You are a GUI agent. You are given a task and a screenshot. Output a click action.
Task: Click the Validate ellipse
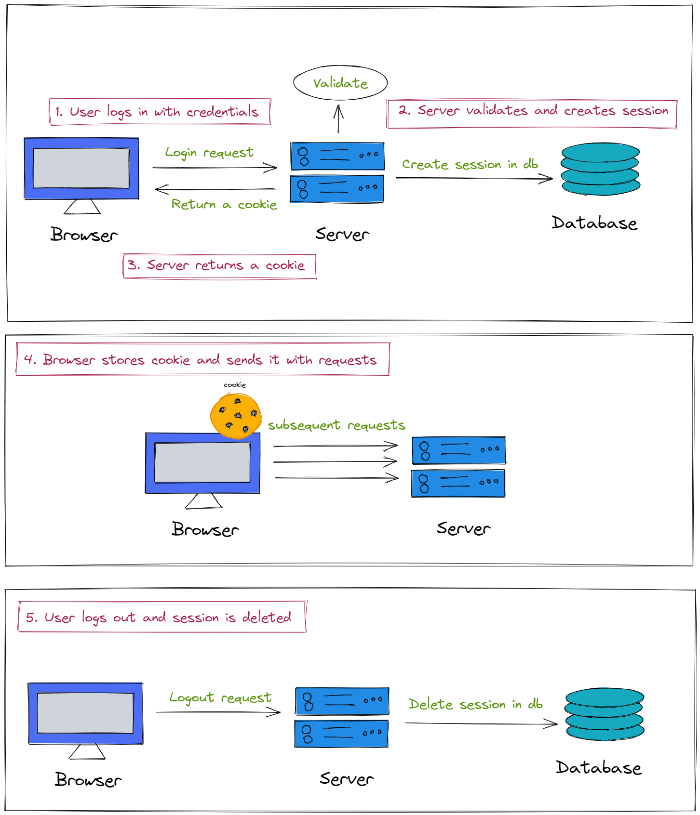[340, 83]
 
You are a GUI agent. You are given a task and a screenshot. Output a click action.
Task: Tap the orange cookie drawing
[236, 416]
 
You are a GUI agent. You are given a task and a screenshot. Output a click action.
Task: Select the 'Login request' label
[209, 153]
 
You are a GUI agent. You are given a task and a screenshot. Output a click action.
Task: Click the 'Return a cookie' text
[224, 204]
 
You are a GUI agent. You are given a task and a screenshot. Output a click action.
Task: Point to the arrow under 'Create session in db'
[474, 179]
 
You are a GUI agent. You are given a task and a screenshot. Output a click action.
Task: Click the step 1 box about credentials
[160, 112]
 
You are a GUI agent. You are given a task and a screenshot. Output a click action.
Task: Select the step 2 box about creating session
[532, 114]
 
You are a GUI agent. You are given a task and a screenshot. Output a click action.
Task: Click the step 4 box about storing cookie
[202, 359]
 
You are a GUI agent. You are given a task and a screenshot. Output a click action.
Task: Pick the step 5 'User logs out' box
[162, 617]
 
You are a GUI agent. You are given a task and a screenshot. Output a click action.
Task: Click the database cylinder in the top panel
[600, 169]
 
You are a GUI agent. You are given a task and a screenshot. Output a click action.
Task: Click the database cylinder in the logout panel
[605, 714]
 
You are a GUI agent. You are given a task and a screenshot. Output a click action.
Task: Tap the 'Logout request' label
[220, 698]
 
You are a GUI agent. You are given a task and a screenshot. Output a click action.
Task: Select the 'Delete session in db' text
[475, 704]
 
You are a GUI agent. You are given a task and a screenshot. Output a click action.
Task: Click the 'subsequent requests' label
[337, 425]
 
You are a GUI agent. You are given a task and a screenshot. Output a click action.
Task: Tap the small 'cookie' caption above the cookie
[235, 385]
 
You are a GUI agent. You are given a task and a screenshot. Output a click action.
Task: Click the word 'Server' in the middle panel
[463, 528]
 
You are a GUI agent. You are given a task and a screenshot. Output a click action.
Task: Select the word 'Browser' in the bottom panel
[88, 780]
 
